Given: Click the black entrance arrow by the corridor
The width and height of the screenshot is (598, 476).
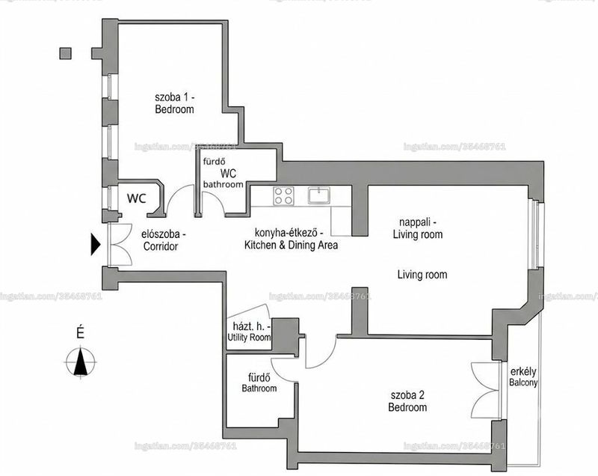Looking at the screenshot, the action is tap(96, 244).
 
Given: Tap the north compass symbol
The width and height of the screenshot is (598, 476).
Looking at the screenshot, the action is tap(80, 361).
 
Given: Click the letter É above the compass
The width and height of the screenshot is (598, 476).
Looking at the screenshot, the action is tap(80, 332).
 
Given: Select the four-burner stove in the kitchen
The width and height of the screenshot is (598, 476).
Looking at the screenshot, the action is tap(284, 196).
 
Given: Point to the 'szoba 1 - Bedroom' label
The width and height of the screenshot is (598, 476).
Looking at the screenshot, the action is tap(175, 103).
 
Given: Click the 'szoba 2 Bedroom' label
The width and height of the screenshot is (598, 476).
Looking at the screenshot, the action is tap(407, 401).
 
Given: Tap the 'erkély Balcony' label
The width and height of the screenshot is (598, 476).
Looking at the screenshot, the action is tap(523, 376).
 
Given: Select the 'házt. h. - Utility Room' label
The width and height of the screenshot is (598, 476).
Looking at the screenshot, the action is tap(250, 332).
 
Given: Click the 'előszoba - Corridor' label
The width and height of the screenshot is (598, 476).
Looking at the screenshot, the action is tap(161, 240).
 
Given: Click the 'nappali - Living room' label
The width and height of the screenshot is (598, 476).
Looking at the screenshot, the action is tap(418, 228).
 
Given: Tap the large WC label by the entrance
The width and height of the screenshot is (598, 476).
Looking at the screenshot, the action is tap(137, 198).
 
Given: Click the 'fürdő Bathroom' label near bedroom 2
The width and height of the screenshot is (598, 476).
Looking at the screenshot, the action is tap(259, 383).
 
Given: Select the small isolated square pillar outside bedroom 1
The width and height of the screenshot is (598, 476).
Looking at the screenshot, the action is tap(66, 53).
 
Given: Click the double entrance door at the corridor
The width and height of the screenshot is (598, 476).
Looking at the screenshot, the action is tap(120, 244).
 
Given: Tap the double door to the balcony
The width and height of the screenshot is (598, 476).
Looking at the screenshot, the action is tap(485, 390).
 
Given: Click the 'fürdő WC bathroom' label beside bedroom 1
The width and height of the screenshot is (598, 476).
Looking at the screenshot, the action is tap(224, 174).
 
